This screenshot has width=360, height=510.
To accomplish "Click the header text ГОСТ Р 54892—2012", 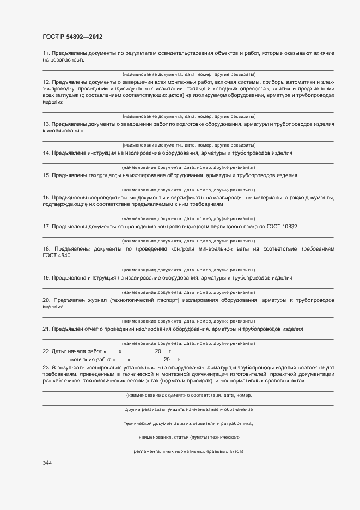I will point(72,37).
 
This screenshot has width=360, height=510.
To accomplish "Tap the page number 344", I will point(47,463).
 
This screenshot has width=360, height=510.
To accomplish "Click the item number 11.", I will point(46,53).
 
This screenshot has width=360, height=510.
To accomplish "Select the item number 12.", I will point(46,82).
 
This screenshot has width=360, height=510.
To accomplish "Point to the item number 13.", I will point(46,124).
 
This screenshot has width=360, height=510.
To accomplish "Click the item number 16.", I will point(46,197).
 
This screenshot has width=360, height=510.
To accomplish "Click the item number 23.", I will point(46,368).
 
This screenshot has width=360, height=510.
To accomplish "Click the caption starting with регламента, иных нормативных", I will point(188,452).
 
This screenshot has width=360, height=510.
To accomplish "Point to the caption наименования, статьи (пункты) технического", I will point(188,437).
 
